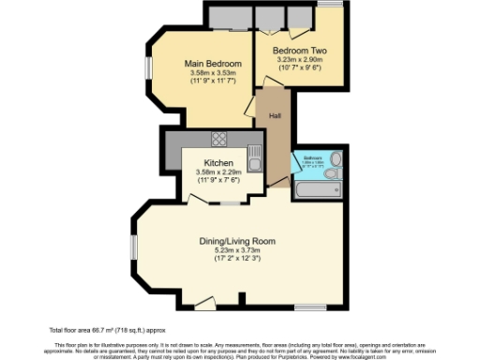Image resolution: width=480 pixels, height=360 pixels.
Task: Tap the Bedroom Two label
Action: coord(298,50)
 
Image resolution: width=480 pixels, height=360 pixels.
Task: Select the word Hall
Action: coord(275,115)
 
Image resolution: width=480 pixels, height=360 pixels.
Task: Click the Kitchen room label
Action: coord(204,160)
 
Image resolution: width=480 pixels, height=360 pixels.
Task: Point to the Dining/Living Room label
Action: coord(237,241)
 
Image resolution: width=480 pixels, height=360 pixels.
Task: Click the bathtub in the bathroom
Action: coord(317,190)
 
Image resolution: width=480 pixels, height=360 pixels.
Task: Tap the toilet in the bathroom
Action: coord(335,173)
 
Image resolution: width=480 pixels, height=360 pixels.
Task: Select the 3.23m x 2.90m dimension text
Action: coord(298,60)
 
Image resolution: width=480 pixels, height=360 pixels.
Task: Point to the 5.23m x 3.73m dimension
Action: coord(237,251)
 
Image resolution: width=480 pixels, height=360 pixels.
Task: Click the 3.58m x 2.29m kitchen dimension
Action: coord(204,171)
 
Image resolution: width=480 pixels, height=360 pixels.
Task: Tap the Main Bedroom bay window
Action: coord(147,68)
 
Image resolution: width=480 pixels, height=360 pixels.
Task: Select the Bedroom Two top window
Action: coord(329,5)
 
